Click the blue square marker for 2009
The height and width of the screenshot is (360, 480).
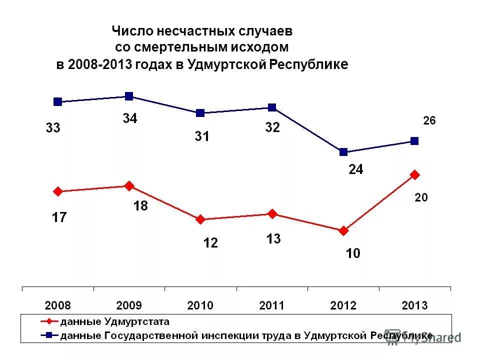click(129, 96)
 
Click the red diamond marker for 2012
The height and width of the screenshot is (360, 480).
click(343, 230)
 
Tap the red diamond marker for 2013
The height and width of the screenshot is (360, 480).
click(414, 174)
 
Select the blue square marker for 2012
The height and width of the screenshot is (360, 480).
click(343, 152)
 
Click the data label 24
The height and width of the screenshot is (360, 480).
click(356, 170)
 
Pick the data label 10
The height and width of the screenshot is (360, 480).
click(353, 253)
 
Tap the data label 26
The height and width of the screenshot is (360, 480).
click(429, 120)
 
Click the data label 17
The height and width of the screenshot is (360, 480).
click(59, 217)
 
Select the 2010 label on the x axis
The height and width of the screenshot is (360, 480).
click(200, 305)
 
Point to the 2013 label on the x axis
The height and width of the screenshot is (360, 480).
click(414, 305)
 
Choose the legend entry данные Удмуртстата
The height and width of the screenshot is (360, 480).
click(114, 321)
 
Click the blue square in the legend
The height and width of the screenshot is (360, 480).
click(51, 335)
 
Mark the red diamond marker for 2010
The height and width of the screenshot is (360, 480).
click(200, 219)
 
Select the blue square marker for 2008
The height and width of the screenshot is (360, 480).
click(57, 101)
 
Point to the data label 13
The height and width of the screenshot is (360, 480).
click(273, 239)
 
